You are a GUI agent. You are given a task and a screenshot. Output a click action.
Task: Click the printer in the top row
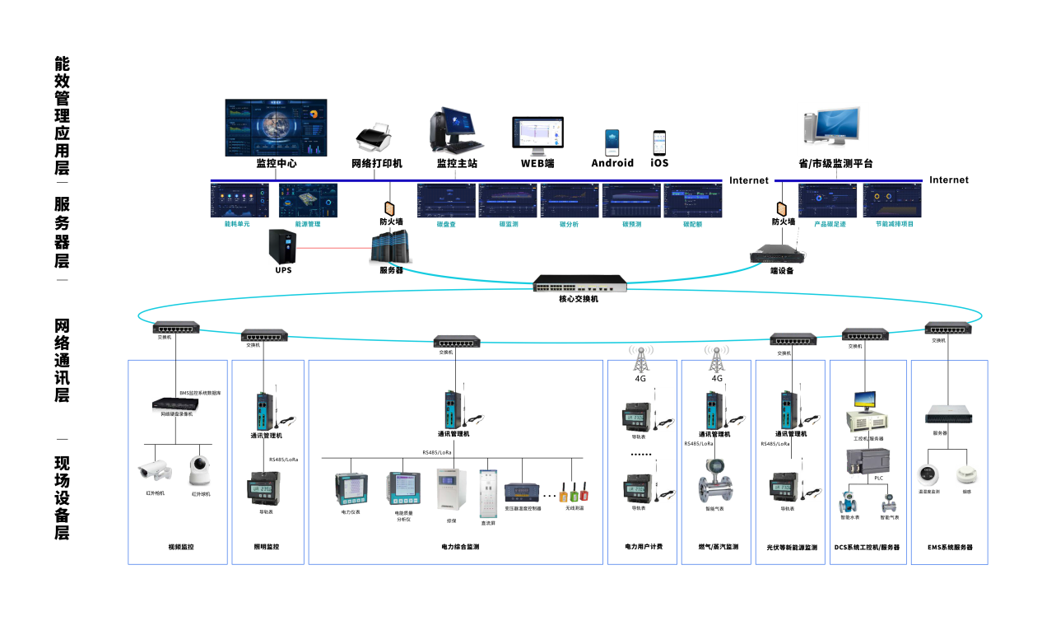point(374,137)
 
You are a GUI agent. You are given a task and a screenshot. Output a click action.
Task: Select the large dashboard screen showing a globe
point(276,128)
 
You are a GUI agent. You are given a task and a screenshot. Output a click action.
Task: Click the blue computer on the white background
point(832,129)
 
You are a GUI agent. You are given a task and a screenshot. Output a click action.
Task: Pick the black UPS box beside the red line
point(282,246)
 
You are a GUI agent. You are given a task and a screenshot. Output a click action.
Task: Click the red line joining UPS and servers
point(333,246)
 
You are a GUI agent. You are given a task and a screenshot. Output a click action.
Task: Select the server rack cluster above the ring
point(390,246)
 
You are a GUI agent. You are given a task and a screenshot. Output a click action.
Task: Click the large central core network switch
point(579,283)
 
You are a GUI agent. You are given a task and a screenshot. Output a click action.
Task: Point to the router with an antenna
point(777,254)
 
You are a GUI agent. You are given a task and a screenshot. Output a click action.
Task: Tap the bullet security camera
point(154,470)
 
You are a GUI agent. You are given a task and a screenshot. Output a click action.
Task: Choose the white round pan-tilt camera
point(199,470)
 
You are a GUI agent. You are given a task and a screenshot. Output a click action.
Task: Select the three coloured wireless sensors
point(573,493)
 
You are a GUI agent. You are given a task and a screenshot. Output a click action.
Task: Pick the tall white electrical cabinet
point(488,493)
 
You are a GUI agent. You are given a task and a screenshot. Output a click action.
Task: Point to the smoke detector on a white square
point(968,476)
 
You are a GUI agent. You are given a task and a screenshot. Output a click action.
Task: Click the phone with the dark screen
point(612,142)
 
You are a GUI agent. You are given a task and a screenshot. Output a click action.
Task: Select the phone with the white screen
point(658,142)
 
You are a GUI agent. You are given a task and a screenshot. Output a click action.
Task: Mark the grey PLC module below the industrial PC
point(868,463)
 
